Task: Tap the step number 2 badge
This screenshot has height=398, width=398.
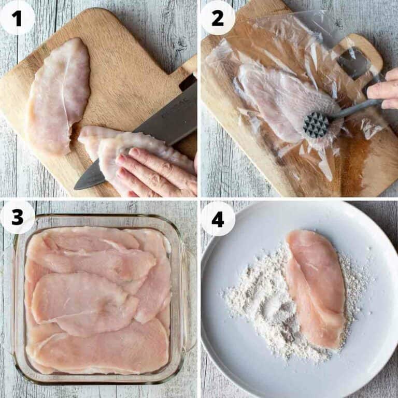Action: pos(218,18)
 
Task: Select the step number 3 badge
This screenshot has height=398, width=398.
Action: pos(17,217)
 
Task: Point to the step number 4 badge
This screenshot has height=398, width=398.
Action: pos(218,218)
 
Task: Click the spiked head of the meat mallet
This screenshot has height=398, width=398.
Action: pos(316,125)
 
